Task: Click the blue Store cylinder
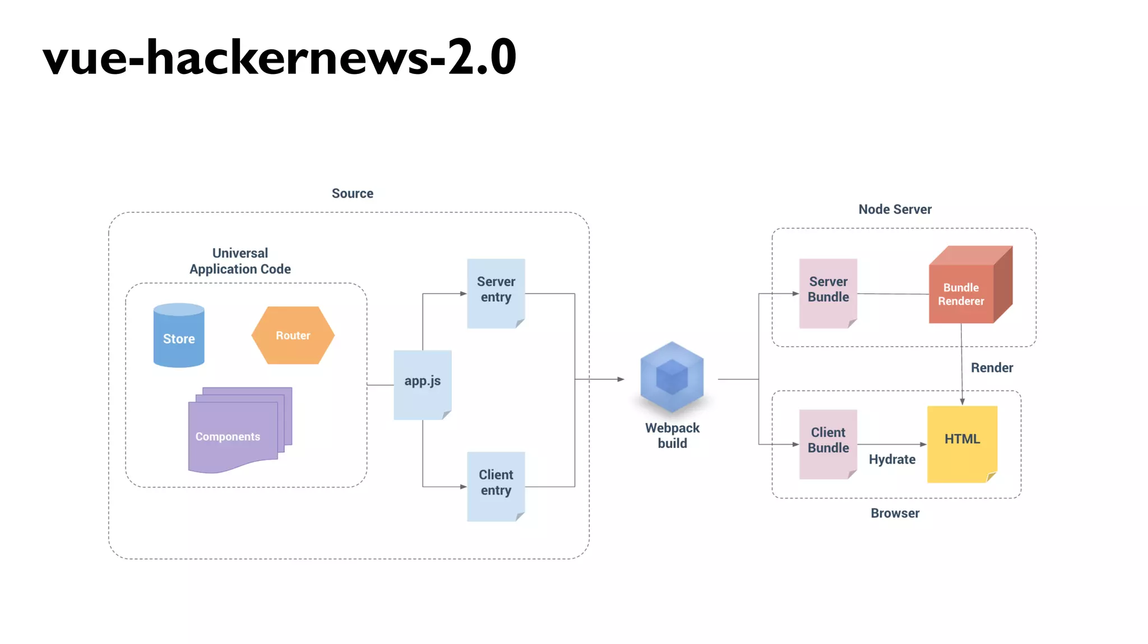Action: (179, 336)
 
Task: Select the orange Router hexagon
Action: (293, 335)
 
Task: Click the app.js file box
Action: (422, 384)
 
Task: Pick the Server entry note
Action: (496, 292)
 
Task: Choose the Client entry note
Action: (496, 485)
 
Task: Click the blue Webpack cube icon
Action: (672, 377)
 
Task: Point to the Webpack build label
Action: (672, 436)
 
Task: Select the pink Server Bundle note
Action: (828, 292)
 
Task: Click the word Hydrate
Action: (892, 460)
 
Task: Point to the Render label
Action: (992, 368)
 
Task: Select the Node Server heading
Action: (895, 209)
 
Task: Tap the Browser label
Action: (895, 514)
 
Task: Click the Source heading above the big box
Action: (352, 194)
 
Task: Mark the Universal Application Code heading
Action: (240, 262)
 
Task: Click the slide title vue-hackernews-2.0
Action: (279, 57)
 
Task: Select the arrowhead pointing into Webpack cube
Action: (621, 379)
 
